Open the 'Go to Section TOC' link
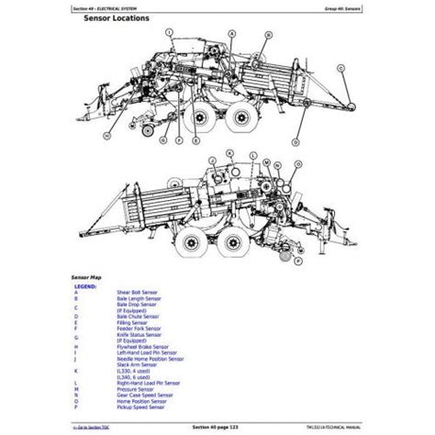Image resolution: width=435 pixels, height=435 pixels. [x=90, y=429]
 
